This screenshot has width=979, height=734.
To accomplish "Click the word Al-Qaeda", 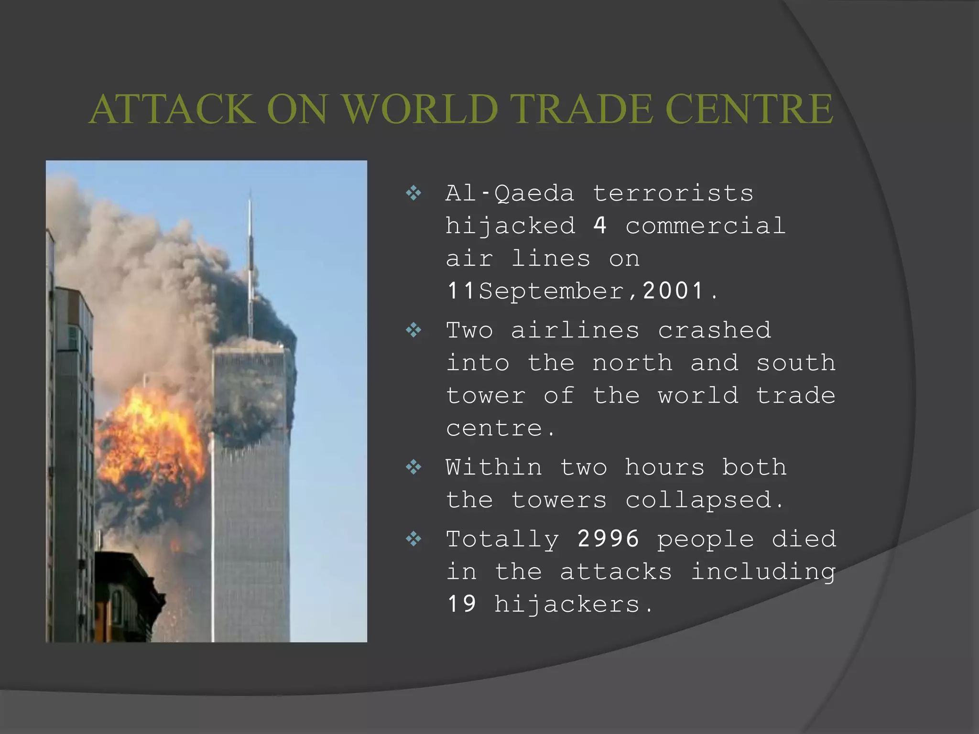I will tap(510, 194).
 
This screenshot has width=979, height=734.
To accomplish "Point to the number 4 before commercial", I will tap(600, 226).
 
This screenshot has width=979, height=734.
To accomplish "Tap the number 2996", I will tap(608, 539).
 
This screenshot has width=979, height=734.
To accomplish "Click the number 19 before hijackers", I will tap(462, 604).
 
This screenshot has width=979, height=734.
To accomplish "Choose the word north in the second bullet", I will tap(632, 363).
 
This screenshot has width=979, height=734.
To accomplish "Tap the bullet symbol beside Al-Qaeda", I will tap(413, 194).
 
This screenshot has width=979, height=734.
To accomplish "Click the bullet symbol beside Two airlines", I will tap(413, 330).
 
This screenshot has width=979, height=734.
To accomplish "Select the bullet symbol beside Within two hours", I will tap(413, 467).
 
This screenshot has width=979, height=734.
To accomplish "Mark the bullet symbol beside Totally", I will tap(413, 539).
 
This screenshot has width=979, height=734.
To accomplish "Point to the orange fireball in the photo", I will tap(151, 444).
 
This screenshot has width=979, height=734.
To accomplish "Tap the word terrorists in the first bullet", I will tap(673, 194).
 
